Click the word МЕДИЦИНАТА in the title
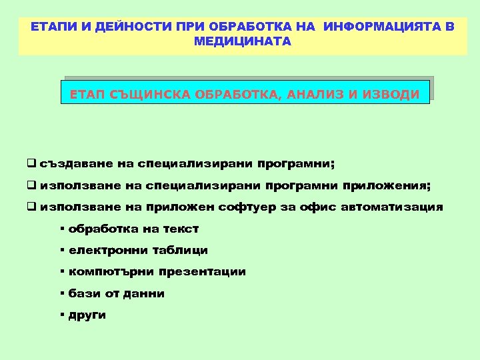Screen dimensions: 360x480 tap(243, 41)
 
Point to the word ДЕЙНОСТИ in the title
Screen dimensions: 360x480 tap(125, 27)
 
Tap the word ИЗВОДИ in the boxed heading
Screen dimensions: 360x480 tap(391, 95)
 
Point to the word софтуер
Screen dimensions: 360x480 tap(251, 207)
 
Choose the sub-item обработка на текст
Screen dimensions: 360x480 tap(133, 229)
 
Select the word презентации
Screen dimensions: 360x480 tap(203, 272)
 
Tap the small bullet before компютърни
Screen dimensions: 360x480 tap(61, 271)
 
